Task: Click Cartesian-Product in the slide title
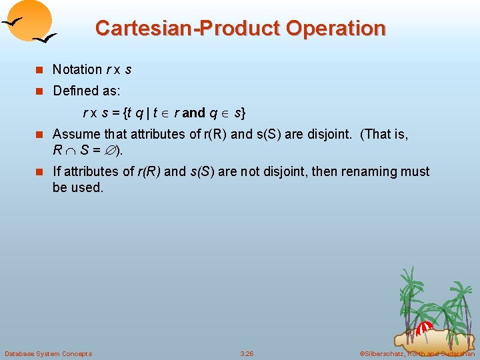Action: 188,29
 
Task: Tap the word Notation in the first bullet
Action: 77,69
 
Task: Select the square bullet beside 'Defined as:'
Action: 39,90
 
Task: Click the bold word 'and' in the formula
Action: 193,113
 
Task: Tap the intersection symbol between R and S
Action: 71,150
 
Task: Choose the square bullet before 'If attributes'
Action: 39,172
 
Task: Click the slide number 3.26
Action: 247,353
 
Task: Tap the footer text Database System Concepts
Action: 48,353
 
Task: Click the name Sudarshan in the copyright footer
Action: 456,353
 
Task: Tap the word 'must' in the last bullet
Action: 415,171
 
